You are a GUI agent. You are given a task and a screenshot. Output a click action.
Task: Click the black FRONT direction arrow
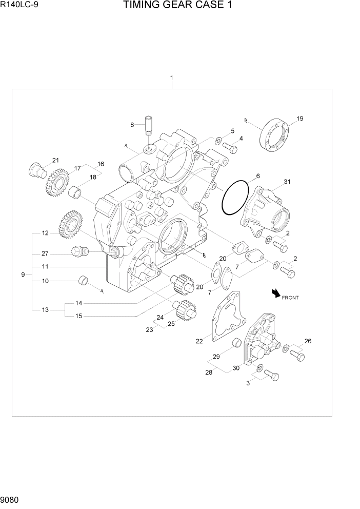[276, 293]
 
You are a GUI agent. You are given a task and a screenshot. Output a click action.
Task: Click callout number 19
[300, 119]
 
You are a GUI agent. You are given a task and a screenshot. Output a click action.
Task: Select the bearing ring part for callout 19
[276, 135]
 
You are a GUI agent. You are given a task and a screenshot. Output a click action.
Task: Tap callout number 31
[287, 181]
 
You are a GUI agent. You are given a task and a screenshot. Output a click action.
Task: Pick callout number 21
[55, 160]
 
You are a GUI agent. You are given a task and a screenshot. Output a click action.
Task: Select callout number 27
[45, 253]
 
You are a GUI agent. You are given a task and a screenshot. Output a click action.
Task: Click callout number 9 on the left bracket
[23, 275]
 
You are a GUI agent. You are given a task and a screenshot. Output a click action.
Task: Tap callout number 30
[236, 368]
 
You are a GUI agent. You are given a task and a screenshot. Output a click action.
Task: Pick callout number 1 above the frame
[171, 78]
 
